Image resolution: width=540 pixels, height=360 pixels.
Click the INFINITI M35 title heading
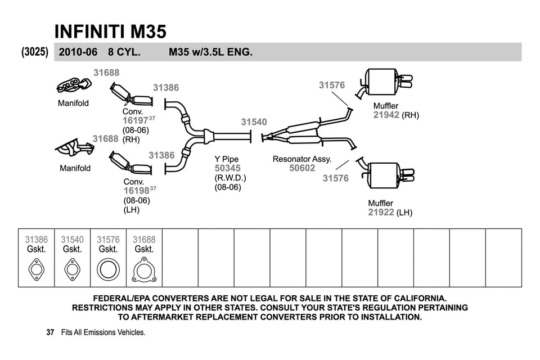[110, 31]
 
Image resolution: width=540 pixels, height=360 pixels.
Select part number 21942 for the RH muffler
[386, 115]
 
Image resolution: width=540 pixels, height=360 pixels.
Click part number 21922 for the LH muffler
[381, 212]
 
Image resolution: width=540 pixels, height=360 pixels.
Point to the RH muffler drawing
[382, 82]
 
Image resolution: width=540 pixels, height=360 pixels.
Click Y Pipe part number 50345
[227, 168]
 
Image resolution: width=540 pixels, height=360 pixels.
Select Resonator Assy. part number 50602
[302, 168]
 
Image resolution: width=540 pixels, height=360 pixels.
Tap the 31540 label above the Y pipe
[254, 122]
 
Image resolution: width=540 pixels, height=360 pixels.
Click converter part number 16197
[135, 120]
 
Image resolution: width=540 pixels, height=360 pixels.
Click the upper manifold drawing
[74, 85]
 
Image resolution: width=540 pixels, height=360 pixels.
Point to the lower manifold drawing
[74, 149]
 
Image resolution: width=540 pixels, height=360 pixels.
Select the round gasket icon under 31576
[108, 269]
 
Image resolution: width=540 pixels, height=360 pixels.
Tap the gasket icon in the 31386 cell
[36, 269]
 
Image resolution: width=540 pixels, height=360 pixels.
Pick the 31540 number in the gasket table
[72, 240]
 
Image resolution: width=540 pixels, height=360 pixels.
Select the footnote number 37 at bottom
[50, 332]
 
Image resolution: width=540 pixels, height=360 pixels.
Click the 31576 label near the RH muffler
[331, 85]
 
